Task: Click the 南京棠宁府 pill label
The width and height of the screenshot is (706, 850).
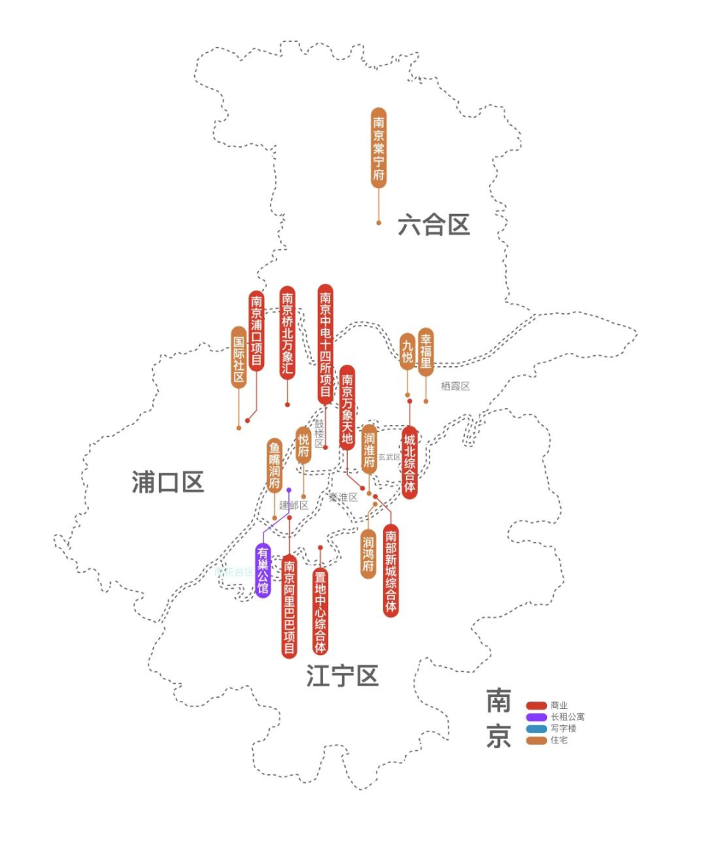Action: (379, 148)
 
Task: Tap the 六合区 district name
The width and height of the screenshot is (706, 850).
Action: (434, 225)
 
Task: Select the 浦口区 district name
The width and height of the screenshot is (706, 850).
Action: (168, 482)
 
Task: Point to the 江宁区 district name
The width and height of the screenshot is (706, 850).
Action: (343, 676)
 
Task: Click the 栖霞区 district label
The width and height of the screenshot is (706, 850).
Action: (455, 386)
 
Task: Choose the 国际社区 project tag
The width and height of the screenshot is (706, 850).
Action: (239, 357)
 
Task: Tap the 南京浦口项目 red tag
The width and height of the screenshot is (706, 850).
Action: (256, 330)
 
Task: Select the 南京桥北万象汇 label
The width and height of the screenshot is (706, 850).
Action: (288, 332)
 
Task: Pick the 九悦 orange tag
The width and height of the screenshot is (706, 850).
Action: (407, 351)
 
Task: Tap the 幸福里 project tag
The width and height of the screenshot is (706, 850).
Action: (426, 352)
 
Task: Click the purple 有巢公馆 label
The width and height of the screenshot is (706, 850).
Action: (263, 570)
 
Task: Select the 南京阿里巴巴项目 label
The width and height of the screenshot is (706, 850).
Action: (290, 606)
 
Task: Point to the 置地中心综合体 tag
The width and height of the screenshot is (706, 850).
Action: (320, 611)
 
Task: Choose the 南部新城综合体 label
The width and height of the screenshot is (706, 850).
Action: (391, 571)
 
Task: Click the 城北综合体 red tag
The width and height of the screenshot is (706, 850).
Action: (410, 463)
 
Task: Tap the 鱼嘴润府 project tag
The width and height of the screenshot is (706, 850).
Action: (274, 465)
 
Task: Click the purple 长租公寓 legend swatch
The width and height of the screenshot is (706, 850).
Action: (537, 717)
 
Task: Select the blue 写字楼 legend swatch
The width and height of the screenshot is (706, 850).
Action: (537, 729)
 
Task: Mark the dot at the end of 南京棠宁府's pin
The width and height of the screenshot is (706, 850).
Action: (379, 222)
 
